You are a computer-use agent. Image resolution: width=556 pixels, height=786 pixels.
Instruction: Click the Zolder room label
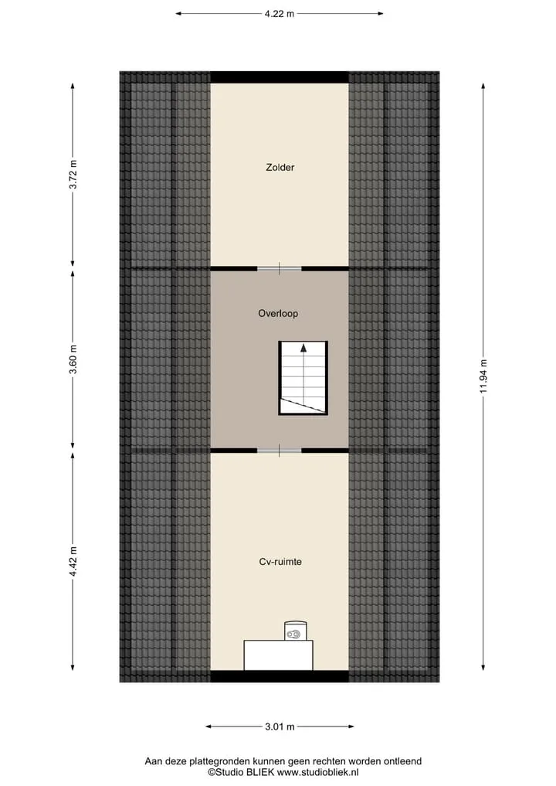pos(280,168)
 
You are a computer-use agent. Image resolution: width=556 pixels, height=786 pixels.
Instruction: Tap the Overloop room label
pos(278,313)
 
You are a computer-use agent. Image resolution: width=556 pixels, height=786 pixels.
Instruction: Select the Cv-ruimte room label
pos(280,561)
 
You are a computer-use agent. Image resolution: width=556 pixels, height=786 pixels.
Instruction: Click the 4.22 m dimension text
pos(280,14)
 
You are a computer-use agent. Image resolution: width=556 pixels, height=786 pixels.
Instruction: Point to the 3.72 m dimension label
pos(73,175)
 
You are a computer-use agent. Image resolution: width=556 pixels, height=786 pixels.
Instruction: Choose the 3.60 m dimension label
pos(73,359)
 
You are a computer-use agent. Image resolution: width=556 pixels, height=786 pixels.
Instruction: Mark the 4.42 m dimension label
pos(73,561)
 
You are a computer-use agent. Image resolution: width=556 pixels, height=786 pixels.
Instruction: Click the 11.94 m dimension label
pos(483,376)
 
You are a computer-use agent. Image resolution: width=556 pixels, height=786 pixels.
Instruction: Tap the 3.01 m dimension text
pos(280,726)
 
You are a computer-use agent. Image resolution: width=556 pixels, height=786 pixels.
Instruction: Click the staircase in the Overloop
pos(303,378)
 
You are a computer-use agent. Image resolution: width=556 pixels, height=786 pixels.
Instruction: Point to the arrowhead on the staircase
pos(303,348)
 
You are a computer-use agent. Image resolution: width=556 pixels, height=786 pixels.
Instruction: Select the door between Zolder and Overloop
pos(280,269)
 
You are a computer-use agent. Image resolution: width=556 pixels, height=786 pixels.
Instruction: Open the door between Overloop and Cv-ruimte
pos(280,450)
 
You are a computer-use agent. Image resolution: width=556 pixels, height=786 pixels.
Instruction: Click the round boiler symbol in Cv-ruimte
pos(296,631)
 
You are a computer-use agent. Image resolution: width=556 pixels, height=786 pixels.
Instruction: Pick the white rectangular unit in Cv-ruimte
pos(279,655)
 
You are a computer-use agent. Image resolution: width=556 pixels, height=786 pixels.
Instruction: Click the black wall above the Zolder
pos(280,77)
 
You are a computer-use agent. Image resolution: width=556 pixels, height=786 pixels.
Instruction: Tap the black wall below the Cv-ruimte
pos(280,676)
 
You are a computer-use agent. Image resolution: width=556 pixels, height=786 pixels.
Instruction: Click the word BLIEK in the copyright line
pos(260,772)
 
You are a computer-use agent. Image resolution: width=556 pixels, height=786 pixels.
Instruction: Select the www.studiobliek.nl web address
pos(318,772)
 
